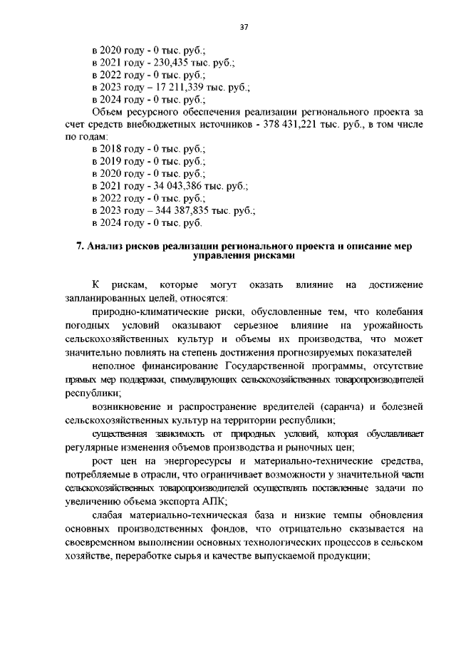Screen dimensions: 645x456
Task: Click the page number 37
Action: tap(244, 27)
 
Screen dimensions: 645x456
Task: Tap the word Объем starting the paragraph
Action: tap(108, 112)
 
